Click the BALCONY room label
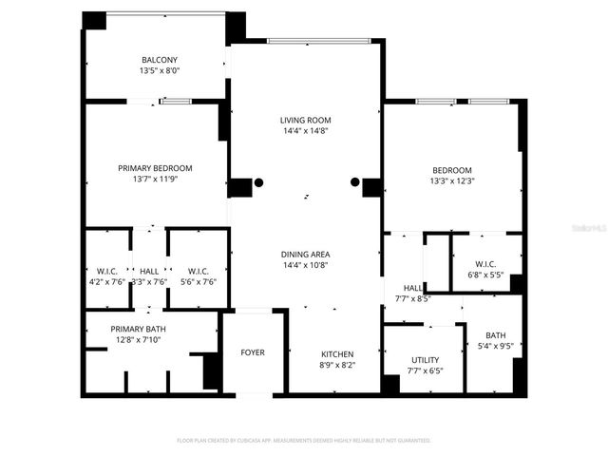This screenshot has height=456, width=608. [x=160, y=59]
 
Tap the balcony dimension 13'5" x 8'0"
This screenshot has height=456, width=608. [x=160, y=70]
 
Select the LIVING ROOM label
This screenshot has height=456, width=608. [x=305, y=120]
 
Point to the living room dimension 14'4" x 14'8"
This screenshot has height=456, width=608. [x=305, y=132]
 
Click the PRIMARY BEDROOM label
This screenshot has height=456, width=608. [x=155, y=168]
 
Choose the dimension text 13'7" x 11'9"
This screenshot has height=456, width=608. [x=155, y=180]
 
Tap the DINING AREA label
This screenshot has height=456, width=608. [x=305, y=254]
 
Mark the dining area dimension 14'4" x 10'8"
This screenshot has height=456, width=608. [x=305, y=266]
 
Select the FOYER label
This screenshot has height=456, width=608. [x=252, y=352]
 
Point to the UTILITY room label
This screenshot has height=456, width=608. [x=425, y=360]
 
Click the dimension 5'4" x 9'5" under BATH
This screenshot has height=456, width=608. [x=496, y=346]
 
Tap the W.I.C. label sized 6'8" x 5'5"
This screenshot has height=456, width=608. [x=485, y=264]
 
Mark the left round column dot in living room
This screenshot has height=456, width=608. [x=258, y=182]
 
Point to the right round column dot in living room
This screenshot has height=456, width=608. [x=355, y=182]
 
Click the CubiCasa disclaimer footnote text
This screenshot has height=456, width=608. [x=304, y=441]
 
